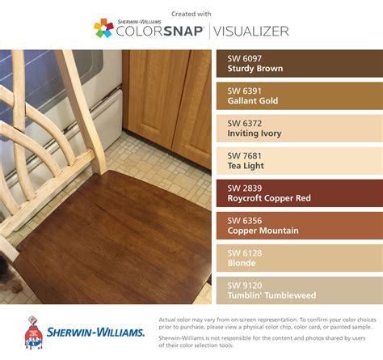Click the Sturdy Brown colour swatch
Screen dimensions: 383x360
pos(300,63)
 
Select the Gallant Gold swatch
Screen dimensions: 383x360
pos(300,96)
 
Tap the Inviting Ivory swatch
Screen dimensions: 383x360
pos(300,129)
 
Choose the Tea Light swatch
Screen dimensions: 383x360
pos(300,161)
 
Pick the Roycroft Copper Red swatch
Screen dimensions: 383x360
pos(300,193)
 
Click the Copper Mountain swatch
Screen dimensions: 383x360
pos(300,226)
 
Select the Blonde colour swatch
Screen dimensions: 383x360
pos(300,258)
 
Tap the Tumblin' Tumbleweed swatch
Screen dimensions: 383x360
pos(300,290)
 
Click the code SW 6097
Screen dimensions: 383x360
pos(244,58)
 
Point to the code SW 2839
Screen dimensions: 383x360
pos(245,188)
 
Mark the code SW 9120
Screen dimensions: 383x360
pos(245,286)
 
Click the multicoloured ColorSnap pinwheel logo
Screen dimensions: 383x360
pos(103,28)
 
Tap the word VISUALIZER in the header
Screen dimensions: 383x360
pos(251,32)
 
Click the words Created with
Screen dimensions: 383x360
pos(191,14)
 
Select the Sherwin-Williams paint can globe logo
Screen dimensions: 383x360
pos(33,333)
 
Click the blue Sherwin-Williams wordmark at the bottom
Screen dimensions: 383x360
pos(95,332)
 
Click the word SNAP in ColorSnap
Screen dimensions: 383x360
pos(183,32)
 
